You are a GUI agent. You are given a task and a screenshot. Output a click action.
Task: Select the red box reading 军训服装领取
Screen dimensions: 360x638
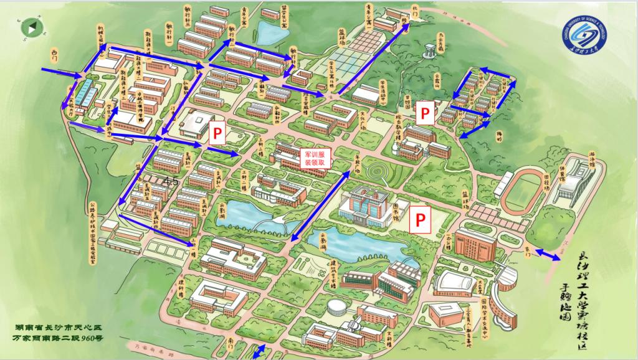click(316, 157)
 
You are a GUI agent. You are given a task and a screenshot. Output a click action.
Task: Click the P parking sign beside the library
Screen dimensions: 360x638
click(421, 219)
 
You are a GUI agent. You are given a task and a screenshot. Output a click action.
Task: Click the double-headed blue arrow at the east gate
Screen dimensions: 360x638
click(548, 255)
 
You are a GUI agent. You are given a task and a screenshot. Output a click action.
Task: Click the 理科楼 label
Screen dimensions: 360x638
click(182, 287)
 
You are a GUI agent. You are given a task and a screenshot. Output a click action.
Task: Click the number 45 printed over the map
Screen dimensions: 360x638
click(170, 181)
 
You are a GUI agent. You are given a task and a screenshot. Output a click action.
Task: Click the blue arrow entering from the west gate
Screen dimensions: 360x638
click(62, 73)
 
